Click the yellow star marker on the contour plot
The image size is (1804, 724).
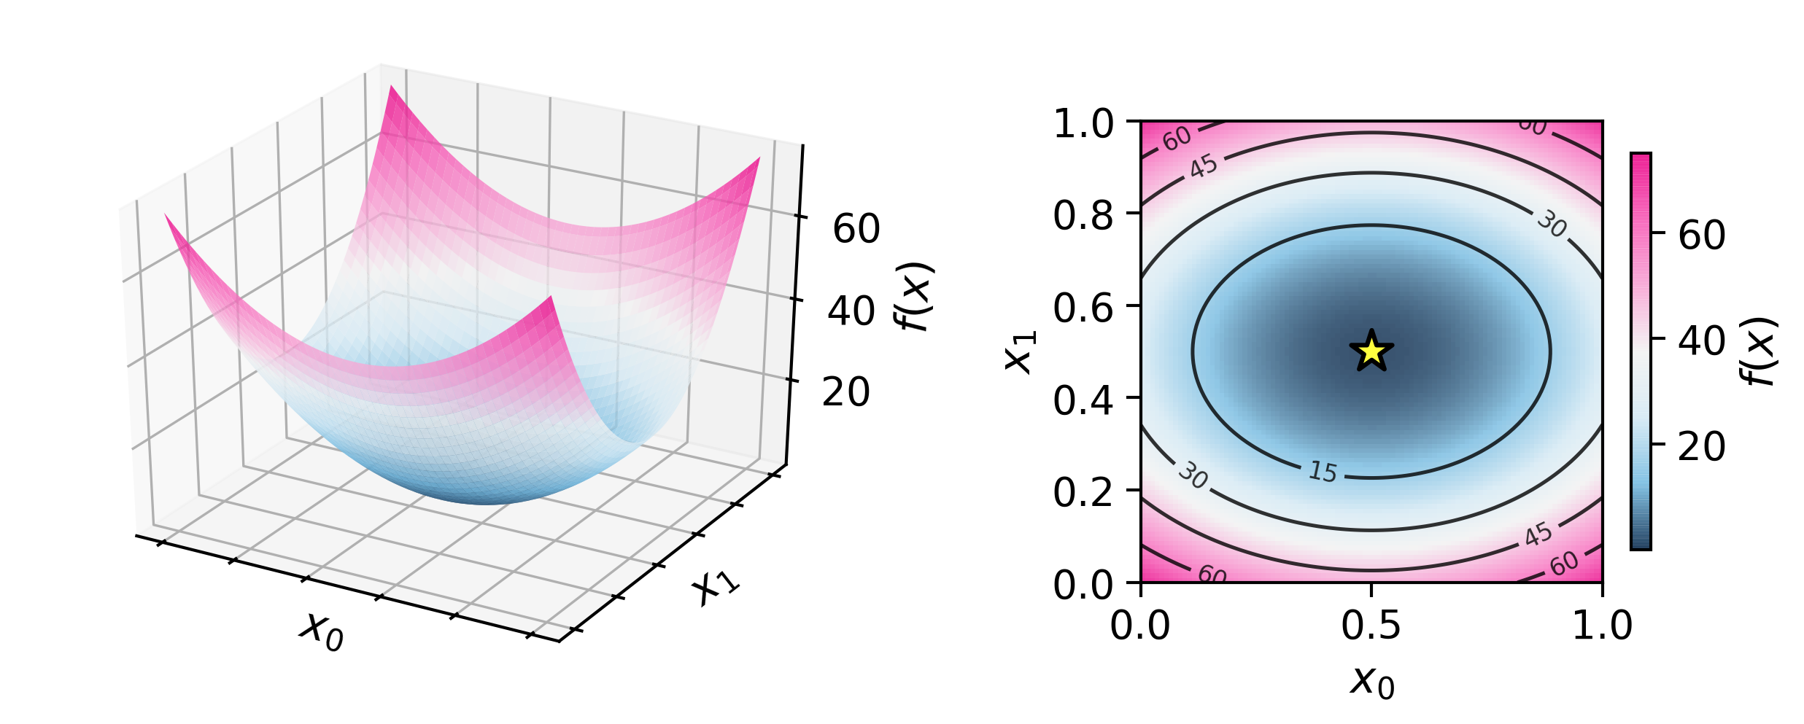(1371, 351)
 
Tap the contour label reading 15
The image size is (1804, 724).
(1323, 472)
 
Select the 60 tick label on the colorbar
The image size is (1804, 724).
(1702, 236)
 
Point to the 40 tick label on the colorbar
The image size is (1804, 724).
(1702, 340)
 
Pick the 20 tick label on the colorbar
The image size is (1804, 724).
(1702, 446)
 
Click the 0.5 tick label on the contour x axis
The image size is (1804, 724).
(1371, 626)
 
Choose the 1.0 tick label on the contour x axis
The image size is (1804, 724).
(1602, 626)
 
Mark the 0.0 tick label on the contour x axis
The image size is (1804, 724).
(1140, 626)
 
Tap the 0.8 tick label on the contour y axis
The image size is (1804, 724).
(1083, 215)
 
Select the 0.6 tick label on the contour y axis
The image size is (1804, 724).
(1083, 307)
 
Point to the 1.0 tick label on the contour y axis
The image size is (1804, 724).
(1083, 123)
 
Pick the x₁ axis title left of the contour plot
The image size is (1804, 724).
(1019, 351)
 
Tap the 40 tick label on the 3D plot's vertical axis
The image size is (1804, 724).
(851, 311)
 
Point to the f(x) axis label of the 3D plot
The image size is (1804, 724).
(914, 296)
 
